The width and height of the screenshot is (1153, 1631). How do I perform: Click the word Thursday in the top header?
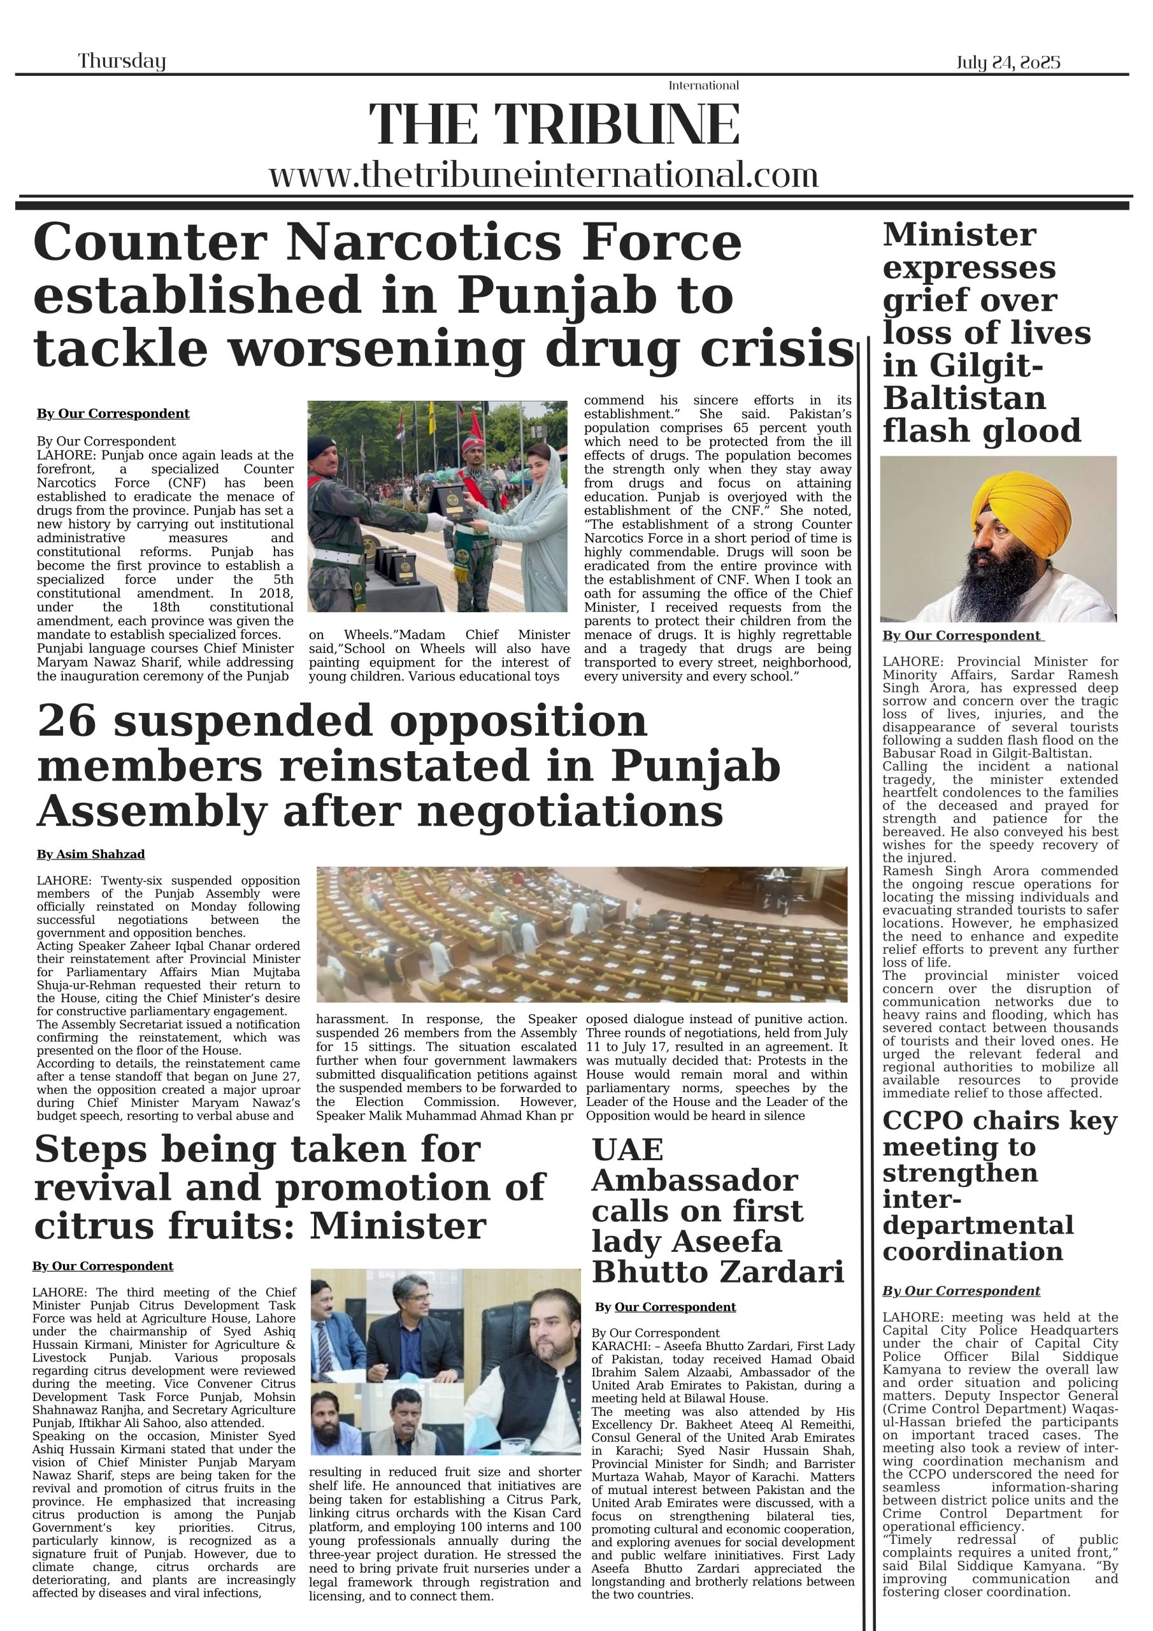click(122, 61)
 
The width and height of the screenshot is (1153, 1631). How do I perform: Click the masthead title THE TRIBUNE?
click(554, 124)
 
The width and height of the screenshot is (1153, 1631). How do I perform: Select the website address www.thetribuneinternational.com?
click(543, 175)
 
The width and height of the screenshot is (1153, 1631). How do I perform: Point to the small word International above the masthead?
click(703, 86)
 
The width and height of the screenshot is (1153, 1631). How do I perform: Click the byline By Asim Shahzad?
click(90, 854)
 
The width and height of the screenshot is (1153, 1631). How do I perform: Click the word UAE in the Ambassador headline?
click(627, 1150)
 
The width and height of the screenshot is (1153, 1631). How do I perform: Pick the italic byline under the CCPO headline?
click(961, 1291)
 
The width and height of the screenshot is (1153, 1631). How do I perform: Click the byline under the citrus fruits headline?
click(103, 1266)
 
